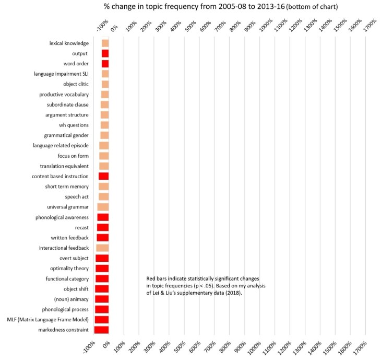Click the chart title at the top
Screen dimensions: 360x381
pyautogui.click(x=190, y=6)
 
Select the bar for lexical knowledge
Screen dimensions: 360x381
pyautogui.click(x=105, y=43)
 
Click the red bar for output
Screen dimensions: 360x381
pyautogui.click(x=105, y=53)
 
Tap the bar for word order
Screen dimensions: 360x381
pyautogui.click(x=105, y=64)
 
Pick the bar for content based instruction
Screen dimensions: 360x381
pyautogui.click(x=103, y=176)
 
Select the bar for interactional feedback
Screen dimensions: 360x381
pyautogui.click(x=102, y=248)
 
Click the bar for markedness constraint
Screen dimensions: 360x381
pyautogui.click(x=101, y=330)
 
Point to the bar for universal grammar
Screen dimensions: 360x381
pyautogui.click(x=103, y=207)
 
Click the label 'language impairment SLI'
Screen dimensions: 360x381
pyautogui.click(x=61, y=74)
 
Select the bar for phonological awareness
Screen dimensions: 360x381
pyautogui.click(x=103, y=217)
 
